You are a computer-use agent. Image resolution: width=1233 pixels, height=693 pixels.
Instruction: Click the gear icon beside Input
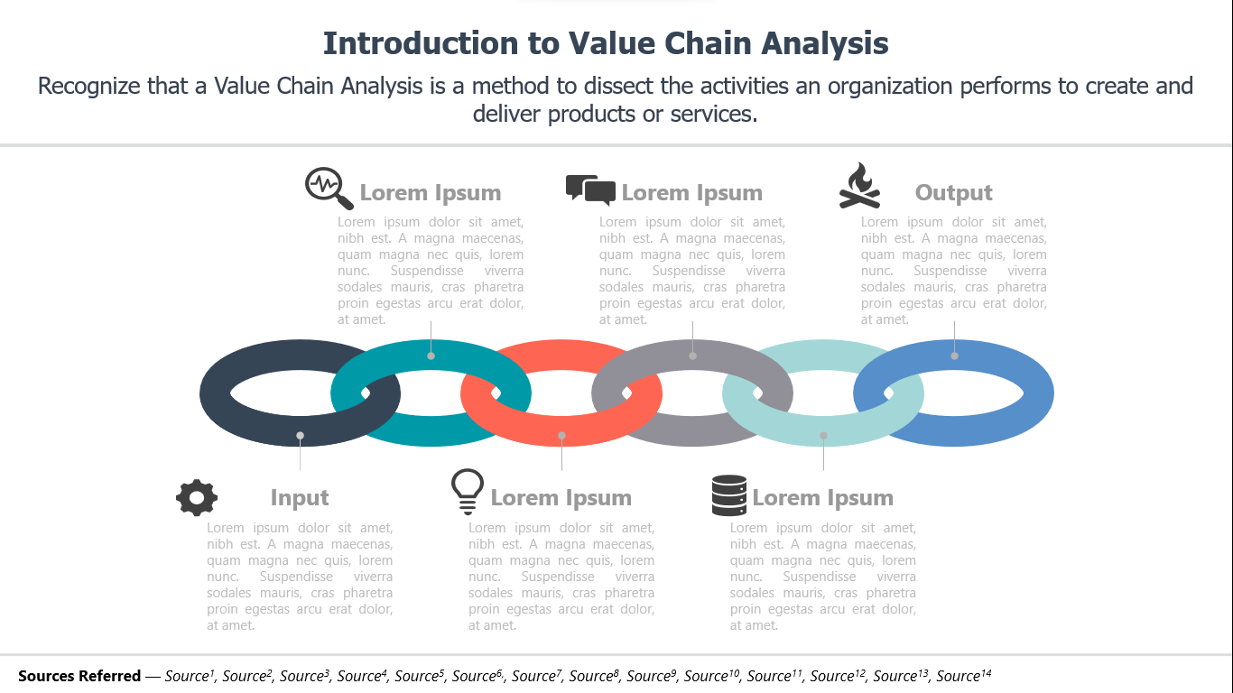[197, 497]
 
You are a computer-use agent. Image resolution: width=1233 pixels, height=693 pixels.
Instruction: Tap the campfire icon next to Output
[860, 186]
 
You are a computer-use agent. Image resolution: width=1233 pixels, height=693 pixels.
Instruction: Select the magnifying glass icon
[329, 189]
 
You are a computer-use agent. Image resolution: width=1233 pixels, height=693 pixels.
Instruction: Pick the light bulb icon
[468, 492]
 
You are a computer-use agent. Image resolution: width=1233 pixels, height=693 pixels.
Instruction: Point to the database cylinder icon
[729, 495]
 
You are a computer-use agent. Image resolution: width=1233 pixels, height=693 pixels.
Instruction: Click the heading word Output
[953, 193]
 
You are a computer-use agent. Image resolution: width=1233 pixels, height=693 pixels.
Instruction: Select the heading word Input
[300, 497]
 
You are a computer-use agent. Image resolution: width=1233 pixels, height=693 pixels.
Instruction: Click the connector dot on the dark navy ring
[300, 436]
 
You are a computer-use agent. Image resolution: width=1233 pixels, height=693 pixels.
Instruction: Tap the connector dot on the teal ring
[431, 356]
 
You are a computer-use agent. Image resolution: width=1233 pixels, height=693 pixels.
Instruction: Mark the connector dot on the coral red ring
[561, 436]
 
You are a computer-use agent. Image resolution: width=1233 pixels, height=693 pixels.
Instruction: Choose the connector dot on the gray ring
[692, 356]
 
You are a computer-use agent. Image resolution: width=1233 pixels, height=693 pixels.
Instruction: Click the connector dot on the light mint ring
[823, 436]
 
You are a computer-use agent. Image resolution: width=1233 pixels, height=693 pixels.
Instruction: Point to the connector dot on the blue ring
[954, 356]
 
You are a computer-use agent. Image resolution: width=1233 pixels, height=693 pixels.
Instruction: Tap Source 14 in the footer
[964, 675]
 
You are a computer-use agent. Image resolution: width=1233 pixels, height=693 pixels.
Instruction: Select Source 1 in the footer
[190, 675]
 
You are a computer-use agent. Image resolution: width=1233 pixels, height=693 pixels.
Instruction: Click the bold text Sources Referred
[79, 676]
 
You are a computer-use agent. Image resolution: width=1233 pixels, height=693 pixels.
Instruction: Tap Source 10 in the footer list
[711, 675]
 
